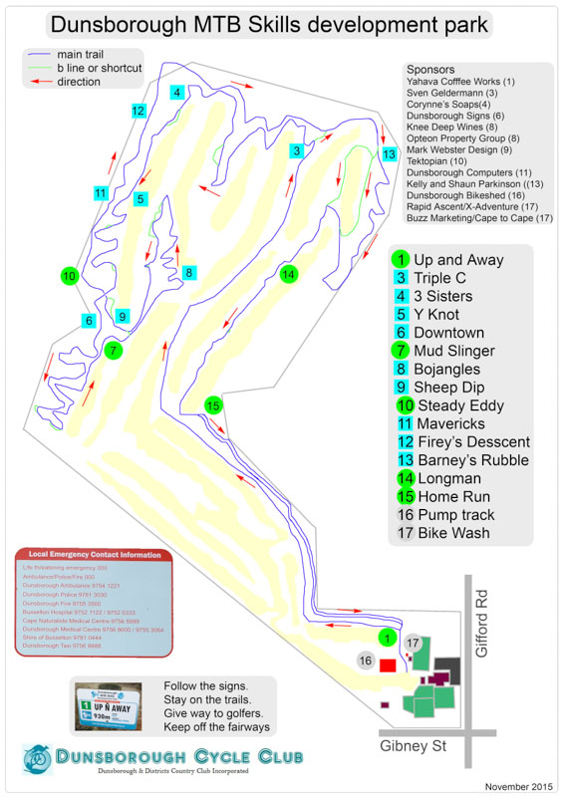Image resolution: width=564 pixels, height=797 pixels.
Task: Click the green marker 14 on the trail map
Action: point(289,274)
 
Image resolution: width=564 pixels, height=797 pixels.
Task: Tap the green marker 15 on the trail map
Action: point(212,404)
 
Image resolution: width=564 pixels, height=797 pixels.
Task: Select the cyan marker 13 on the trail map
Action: point(389,154)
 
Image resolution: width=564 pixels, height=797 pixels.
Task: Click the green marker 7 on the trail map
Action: point(114,350)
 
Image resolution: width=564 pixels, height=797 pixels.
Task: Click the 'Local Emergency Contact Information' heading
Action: point(95,554)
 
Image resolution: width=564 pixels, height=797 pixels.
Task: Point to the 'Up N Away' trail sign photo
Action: point(113,708)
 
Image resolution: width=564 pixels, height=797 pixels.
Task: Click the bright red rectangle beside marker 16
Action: point(387,664)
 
